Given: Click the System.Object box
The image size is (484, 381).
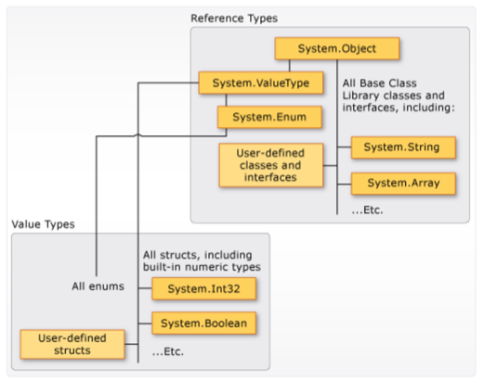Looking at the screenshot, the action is pyautogui.click(x=337, y=48).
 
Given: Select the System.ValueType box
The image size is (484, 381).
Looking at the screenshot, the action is pyautogui.click(x=261, y=83).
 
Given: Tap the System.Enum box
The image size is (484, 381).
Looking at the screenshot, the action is pyautogui.click(x=269, y=117).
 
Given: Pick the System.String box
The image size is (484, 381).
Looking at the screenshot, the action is pyautogui.click(x=403, y=147).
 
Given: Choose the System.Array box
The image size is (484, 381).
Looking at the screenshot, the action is pyautogui.click(x=403, y=184).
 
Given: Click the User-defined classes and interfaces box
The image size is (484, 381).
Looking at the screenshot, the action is pyautogui.click(x=271, y=165).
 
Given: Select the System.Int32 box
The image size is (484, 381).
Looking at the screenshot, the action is pyautogui.click(x=203, y=288).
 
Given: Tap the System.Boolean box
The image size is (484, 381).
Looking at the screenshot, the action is pyautogui.click(x=203, y=324).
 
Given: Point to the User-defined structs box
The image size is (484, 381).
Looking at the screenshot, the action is pyautogui.click(x=72, y=344).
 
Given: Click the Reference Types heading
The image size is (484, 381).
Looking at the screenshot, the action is pyautogui.click(x=234, y=19).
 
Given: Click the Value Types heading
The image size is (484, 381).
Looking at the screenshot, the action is pyautogui.click(x=43, y=224).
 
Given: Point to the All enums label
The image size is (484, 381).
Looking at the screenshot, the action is pyautogui.click(x=98, y=286).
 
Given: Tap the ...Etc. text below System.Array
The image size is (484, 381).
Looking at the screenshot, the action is pyautogui.click(x=367, y=210).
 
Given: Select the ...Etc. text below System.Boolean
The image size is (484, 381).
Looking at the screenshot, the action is pyautogui.click(x=168, y=351).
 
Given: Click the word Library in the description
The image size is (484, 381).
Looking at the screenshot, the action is pyautogui.click(x=360, y=95).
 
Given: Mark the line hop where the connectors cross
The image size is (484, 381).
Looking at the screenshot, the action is pyautogui.click(x=138, y=134).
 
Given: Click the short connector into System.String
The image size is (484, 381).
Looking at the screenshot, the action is pyautogui.click(x=345, y=147).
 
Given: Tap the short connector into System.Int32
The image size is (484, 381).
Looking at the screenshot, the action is pyautogui.click(x=145, y=288).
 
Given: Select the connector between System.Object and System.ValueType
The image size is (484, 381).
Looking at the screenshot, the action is pyautogui.click(x=290, y=66).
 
